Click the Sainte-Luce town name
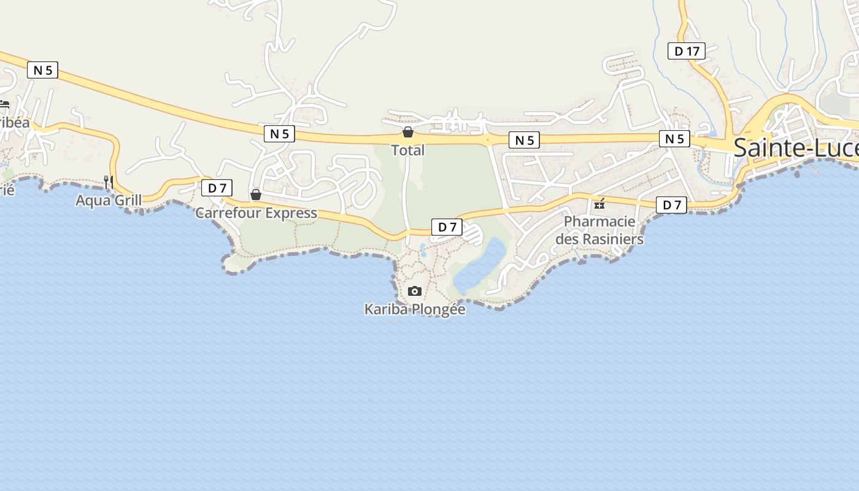point(795,148)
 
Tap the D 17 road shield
point(686,52)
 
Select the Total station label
point(407,150)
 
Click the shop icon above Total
point(407,132)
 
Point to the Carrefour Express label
point(256,213)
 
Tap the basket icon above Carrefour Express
point(256,195)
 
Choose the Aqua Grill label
point(109,200)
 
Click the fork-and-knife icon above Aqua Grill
point(109,182)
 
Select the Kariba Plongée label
point(415,309)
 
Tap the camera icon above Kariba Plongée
point(415,291)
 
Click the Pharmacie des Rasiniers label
point(599,230)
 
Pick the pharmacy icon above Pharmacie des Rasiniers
point(599,204)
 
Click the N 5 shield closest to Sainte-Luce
point(674,139)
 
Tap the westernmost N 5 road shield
point(42,70)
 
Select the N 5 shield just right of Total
point(524,141)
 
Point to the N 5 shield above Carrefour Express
point(279,134)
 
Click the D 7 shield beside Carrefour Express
point(217,188)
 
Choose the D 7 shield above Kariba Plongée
point(447,227)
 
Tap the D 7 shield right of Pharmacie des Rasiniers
point(671,205)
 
